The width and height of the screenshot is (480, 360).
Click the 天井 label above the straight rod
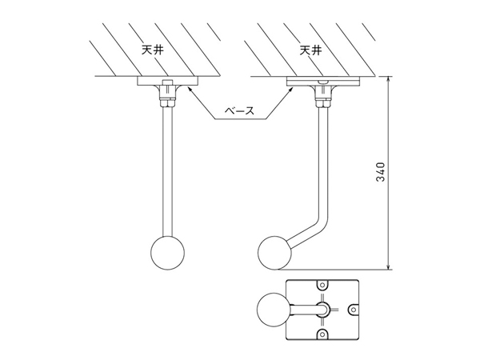pos(152,50)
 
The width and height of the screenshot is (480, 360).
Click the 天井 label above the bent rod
pos(310,50)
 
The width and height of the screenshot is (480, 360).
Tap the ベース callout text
pos(240,110)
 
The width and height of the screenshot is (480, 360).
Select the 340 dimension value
pos(380,172)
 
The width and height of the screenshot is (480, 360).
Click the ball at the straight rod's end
pos(168,253)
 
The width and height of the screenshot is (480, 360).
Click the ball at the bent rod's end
pos(274,253)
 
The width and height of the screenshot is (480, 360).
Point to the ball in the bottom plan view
pos(273,310)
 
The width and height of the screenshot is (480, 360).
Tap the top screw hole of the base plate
pos(322,285)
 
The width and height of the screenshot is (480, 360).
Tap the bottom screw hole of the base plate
pos(322,333)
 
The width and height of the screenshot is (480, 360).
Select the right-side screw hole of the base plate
pos(353,309)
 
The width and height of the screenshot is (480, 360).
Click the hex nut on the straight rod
pos(168,102)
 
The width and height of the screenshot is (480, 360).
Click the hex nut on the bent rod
pos(323,102)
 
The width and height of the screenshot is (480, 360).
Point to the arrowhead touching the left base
pos(190,89)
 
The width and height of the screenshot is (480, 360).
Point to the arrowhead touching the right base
pos(291,89)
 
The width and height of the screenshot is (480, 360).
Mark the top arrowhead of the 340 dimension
pos(389,79)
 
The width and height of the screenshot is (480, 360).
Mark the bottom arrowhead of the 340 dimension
pos(389,266)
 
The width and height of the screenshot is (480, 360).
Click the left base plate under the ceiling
pos(168,81)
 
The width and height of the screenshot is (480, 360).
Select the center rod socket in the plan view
pos(322,309)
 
